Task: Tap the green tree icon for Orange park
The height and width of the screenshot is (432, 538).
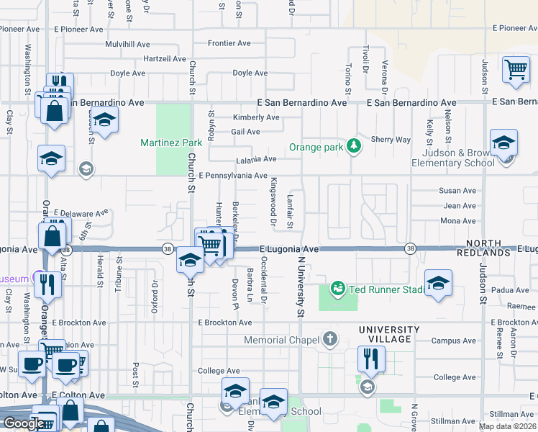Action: (x=353, y=147)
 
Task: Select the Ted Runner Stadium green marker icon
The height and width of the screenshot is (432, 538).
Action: (x=337, y=289)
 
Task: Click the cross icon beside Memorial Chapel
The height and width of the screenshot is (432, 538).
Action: (x=330, y=339)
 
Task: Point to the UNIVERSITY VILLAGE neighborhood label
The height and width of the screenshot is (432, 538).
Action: (x=385, y=334)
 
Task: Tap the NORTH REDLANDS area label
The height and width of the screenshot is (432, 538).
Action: (x=488, y=248)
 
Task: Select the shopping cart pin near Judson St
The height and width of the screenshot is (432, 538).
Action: (x=516, y=71)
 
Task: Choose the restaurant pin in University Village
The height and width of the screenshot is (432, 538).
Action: (x=371, y=359)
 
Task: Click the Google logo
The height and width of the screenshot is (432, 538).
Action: (x=23, y=423)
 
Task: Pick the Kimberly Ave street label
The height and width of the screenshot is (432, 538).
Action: (x=255, y=117)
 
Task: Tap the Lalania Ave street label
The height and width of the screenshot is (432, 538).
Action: (x=255, y=159)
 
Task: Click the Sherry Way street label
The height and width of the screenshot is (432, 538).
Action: (x=391, y=140)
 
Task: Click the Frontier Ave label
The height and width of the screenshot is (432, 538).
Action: (x=229, y=43)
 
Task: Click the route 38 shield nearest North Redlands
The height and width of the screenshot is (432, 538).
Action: (x=410, y=248)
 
